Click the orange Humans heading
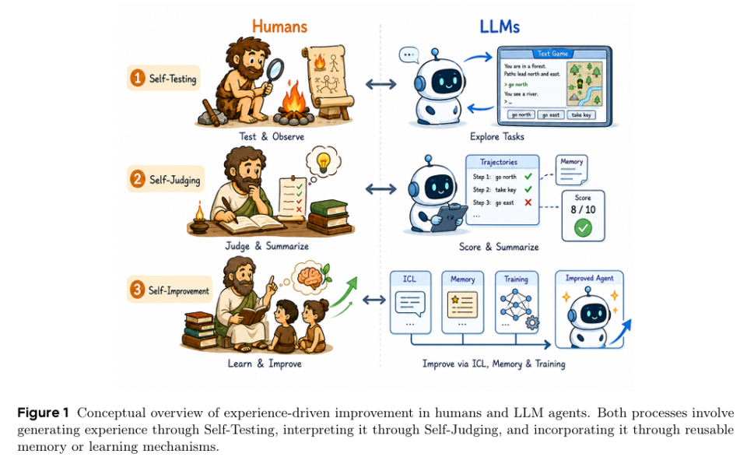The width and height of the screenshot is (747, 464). [279, 26]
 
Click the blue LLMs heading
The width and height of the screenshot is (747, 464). [500, 26]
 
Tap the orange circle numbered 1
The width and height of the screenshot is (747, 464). [138, 78]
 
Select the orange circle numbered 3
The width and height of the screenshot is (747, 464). [138, 290]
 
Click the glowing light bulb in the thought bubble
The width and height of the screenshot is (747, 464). [324, 162]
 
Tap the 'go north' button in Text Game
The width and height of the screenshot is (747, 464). [521, 115]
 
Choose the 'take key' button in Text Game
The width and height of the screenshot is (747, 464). [581, 115]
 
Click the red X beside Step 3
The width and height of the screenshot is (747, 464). [528, 202]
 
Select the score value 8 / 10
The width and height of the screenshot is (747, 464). [583, 210]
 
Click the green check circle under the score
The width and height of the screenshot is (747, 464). [583, 228]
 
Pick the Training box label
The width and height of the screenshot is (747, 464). [516, 279]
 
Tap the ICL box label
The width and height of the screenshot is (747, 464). [410, 279]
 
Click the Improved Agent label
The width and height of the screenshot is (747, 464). [589, 278]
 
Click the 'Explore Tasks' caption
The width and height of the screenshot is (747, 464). [497, 136]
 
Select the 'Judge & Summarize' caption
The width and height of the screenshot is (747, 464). [267, 246]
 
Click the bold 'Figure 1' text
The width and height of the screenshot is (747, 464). [43, 413]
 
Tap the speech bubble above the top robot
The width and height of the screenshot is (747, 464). [409, 54]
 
